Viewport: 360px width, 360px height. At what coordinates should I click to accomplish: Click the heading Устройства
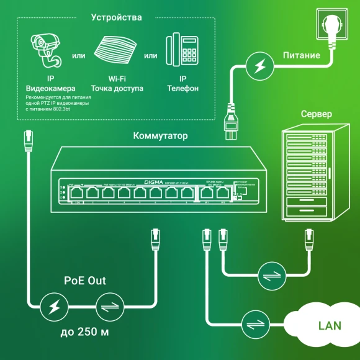coord(116,17)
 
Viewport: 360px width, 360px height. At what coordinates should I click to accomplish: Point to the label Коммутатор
coord(160,135)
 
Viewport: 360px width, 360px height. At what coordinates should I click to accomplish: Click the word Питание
coord(302,55)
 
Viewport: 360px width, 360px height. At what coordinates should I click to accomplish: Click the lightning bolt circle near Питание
coord(258,65)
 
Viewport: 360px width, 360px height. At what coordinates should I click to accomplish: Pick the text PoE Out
coord(85,281)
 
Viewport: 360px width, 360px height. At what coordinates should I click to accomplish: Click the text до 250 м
coord(85,332)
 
